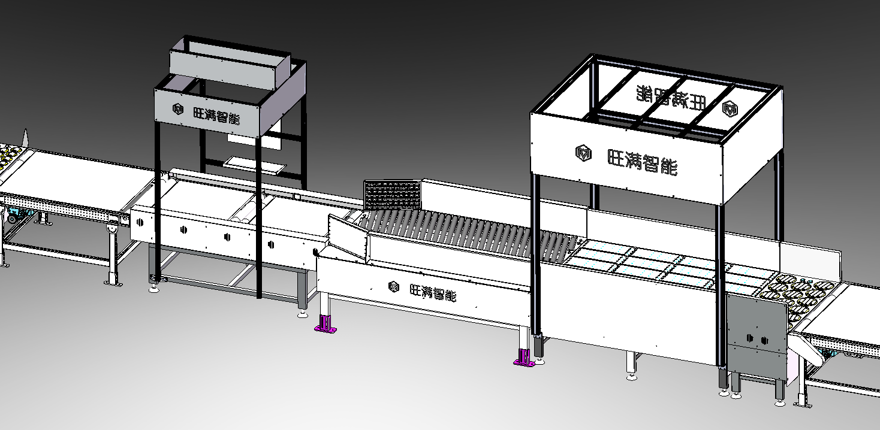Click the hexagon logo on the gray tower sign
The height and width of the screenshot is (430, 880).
178,108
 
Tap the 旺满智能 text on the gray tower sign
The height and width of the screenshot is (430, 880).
216,114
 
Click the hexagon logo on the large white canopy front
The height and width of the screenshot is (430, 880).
583,153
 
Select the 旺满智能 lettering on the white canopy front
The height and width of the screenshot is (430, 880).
642,161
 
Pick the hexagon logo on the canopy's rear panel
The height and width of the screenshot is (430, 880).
730,109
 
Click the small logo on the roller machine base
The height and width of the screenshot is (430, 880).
394,287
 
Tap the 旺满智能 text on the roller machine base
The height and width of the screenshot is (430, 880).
433,292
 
